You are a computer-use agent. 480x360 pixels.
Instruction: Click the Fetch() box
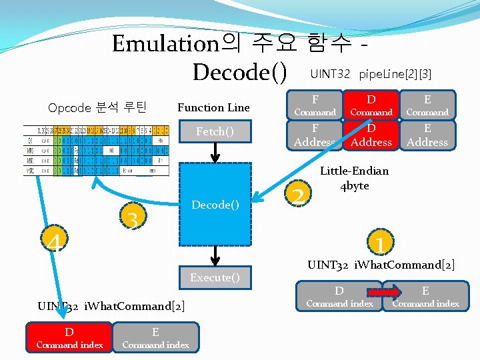coord(215,132)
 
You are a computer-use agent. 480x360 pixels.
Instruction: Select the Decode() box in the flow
coord(215,205)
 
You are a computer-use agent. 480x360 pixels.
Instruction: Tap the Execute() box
coord(215,277)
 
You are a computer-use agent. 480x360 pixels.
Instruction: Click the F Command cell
coord(315,105)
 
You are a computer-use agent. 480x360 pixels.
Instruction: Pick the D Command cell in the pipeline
coord(371,105)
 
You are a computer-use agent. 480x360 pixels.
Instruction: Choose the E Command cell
coord(427,105)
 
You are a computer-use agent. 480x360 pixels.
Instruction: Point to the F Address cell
coord(315,135)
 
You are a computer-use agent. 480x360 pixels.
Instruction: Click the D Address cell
coord(371,135)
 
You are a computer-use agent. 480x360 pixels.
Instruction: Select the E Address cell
coord(427,135)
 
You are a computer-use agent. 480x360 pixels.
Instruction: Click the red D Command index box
coord(69,338)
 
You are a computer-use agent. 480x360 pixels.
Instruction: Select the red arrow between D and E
coord(384,291)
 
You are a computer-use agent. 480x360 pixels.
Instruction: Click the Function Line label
coord(213,107)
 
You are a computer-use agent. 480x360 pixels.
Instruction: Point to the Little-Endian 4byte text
coord(355,179)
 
